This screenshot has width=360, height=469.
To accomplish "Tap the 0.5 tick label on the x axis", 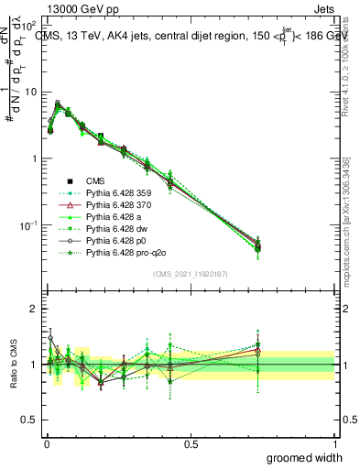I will coord(191,443).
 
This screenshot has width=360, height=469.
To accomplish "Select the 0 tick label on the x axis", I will coord(46,443).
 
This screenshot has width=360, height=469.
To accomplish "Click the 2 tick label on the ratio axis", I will coord(33,309).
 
